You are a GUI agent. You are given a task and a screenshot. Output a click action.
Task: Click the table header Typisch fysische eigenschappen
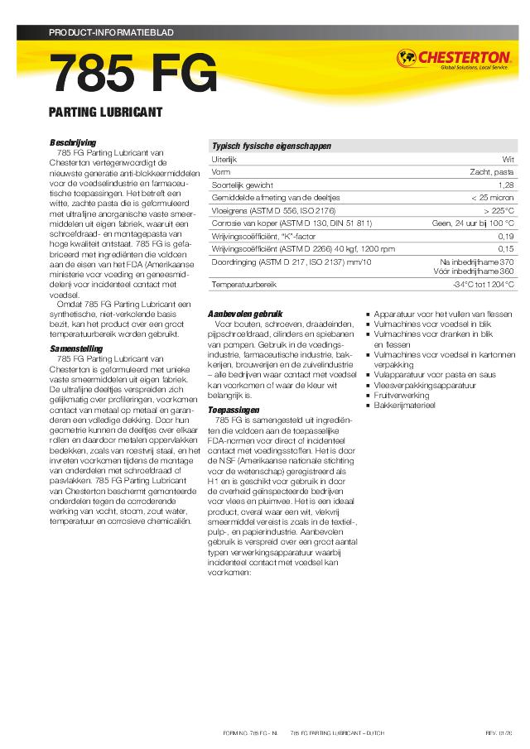tap(272, 145)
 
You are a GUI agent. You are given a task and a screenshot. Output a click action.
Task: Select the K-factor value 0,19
tap(506, 236)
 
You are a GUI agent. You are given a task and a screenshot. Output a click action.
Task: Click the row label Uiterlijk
tap(224, 158)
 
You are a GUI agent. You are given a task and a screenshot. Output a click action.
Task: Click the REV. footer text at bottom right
tap(499, 734)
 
